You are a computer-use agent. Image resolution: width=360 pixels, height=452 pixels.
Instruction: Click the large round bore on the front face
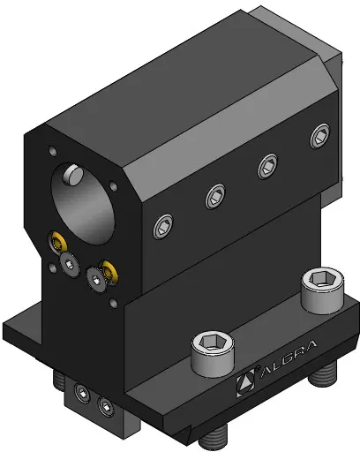pos(83,204)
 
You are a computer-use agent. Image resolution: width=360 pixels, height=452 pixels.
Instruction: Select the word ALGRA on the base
pos(289,359)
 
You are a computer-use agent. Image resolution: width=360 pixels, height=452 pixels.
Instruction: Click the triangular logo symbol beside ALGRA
pos(245,382)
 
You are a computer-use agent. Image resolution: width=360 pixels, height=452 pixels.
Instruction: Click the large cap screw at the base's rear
pos(323,290)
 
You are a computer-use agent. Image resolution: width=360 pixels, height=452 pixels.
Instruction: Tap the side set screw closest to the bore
pos(163,226)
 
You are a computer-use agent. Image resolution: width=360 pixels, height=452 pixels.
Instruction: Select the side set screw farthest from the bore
pos(320,136)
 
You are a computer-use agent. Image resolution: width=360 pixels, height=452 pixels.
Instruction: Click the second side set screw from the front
pos(215,196)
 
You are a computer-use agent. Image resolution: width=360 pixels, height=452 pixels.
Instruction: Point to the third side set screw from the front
pos(267,166)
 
